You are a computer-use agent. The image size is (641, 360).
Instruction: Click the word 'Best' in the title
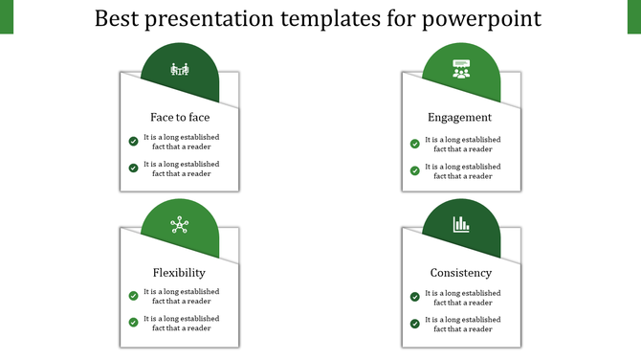tap(121, 18)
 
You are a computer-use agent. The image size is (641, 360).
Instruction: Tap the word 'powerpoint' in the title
tap(486, 19)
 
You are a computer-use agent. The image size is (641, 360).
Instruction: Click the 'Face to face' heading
tap(180, 117)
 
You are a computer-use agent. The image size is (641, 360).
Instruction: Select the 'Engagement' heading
tap(459, 117)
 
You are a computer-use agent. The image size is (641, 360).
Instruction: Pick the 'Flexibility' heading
tap(179, 272)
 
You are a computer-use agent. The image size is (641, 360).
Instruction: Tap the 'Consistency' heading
tap(460, 272)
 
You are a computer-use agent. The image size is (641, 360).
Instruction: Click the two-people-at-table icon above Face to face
tap(179, 69)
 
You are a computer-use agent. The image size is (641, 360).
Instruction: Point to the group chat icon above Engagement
tap(461, 69)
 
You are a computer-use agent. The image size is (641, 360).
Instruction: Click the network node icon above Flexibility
tap(179, 225)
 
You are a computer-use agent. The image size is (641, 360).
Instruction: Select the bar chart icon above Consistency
tap(461, 224)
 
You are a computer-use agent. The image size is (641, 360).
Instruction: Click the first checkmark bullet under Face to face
tap(133, 142)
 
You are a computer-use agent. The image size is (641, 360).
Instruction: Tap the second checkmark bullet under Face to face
tap(133, 169)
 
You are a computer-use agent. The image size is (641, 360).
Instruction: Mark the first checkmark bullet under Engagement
tap(415, 144)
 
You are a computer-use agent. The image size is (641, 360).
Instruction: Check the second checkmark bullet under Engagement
tap(415, 170)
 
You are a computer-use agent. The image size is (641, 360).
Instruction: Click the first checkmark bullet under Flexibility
tap(133, 297)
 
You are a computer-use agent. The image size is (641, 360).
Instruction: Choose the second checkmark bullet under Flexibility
tap(133, 324)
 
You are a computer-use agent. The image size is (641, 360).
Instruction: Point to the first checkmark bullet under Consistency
tap(415, 297)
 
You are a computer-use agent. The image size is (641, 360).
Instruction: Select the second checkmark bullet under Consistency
tap(415, 324)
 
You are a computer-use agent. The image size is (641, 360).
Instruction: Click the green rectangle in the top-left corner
tap(7, 16)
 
